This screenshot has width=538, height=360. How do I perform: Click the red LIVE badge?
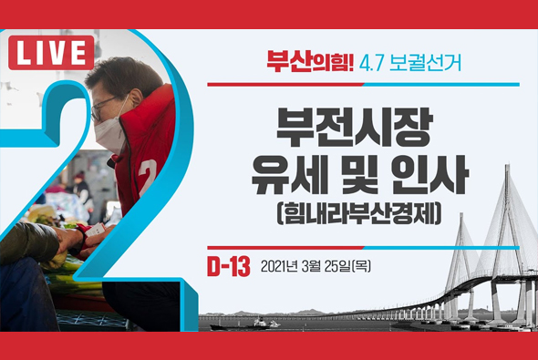click(51, 53)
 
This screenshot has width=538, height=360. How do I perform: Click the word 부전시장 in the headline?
click(361, 129)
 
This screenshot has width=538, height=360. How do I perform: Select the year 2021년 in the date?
click(281, 267)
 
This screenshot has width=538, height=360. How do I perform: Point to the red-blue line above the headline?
click(363, 85)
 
